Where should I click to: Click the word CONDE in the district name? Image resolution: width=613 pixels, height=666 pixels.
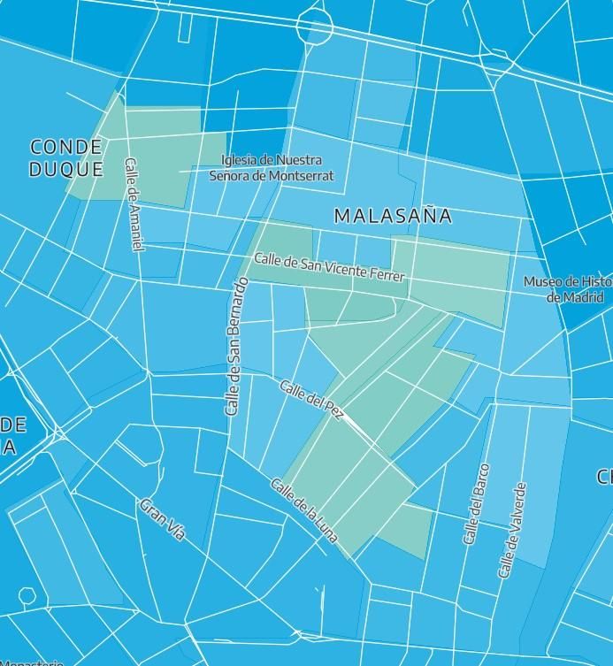pyautogui.click(x=66, y=147)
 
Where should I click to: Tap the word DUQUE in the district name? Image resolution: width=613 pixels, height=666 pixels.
pyautogui.click(x=66, y=169)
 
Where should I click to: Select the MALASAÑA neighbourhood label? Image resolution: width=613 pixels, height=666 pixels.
pyautogui.click(x=393, y=216)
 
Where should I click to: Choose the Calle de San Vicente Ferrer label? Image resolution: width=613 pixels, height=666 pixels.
pyautogui.click(x=329, y=267)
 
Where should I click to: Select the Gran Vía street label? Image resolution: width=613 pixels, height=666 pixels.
pyautogui.click(x=163, y=519)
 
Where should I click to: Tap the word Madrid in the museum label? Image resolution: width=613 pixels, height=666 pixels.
pyautogui.click(x=586, y=297)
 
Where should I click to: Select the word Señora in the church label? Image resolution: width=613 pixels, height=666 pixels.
pyautogui.click(x=230, y=175)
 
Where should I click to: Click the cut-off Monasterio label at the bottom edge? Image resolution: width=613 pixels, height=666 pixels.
pyautogui.click(x=31, y=662)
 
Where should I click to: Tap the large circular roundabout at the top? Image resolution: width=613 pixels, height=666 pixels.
pyautogui.click(x=314, y=24)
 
